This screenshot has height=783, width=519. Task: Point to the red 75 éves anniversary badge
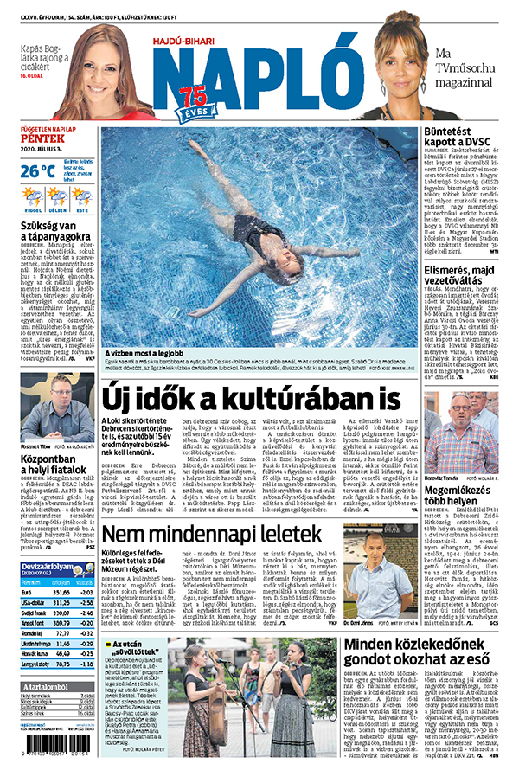[191, 106]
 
